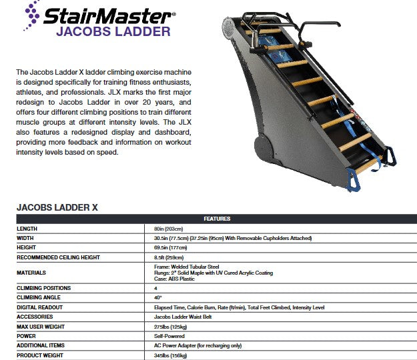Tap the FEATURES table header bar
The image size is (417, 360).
(x=217, y=219)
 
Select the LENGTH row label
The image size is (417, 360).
(x=27, y=228)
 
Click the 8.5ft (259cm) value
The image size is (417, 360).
(x=169, y=257)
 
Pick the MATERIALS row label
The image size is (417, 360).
(x=31, y=272)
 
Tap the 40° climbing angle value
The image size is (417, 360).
(x=158, y=297)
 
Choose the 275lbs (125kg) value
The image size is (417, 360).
(x=171, y=327)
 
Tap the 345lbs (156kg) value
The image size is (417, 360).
(x=171, y=355)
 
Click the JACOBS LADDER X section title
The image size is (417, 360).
(x=57, y=207)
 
